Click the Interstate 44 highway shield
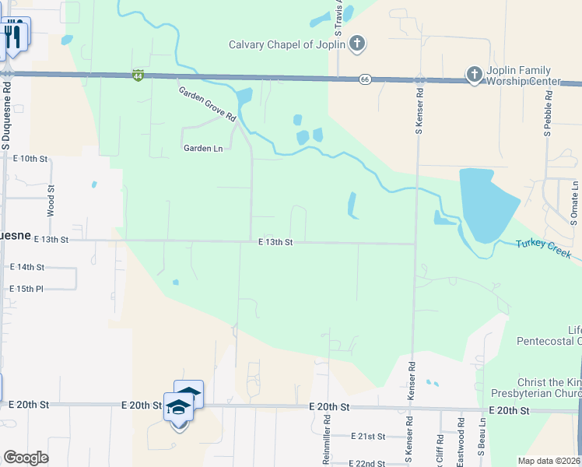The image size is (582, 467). [x=138, y=75]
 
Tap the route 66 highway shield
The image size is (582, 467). [x=364, y=79]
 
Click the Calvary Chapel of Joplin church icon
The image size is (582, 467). [x=356, y=44]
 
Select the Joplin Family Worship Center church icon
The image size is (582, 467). [x=474, y=75]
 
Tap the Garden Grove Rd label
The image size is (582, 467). [x=207, y=104]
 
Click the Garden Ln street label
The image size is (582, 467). [x=203, y=148]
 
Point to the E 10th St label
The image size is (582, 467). [x=30, y=158]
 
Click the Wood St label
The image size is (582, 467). [x=51, y=200]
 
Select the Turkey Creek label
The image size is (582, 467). [x=544, y=250]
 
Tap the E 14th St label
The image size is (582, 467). [x=27, y=266]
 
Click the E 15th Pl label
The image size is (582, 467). [x=27, y=289]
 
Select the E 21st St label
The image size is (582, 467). [x=369, y=437]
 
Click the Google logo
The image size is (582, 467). [x=26, y=458]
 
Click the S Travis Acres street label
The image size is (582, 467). [x=339, y=19]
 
